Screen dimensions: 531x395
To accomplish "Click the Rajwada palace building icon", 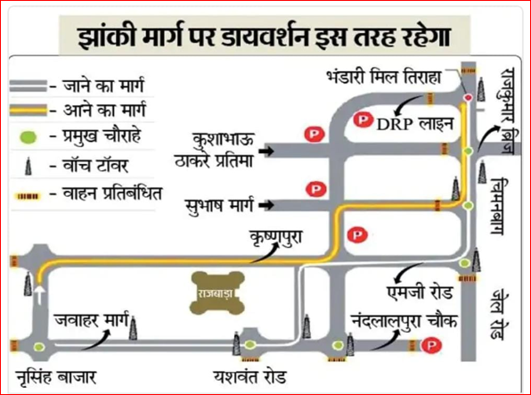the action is point(218,292).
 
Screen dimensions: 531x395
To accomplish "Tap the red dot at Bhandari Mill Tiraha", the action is point(469,98).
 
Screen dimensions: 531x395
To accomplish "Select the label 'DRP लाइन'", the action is point(415,124).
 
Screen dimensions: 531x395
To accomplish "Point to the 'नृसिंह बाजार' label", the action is point(56,377).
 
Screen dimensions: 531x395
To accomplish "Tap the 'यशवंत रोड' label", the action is point(250,376).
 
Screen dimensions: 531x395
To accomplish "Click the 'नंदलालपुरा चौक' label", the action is point(404,320).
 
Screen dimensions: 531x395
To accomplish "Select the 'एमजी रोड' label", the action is point(420,292).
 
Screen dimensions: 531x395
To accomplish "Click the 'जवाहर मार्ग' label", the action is point(92,320).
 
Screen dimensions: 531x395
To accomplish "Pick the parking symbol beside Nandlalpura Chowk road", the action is point(431,346).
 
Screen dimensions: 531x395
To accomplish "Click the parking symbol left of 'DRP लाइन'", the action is point(363,119).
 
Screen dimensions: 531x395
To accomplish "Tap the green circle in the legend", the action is point(29,137).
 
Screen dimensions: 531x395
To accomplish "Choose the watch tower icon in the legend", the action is point(29,166).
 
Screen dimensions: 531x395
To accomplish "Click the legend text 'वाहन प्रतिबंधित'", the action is point(112,193).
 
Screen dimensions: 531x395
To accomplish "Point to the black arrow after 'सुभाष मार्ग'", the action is point(266,205).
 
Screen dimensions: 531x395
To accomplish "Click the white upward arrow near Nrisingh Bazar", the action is point(40,294).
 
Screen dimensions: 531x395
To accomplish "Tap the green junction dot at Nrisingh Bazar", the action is point(39,347).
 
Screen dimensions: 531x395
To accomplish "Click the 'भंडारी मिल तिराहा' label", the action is point(384,78).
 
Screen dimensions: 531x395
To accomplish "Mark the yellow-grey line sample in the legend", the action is point(29,111).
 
